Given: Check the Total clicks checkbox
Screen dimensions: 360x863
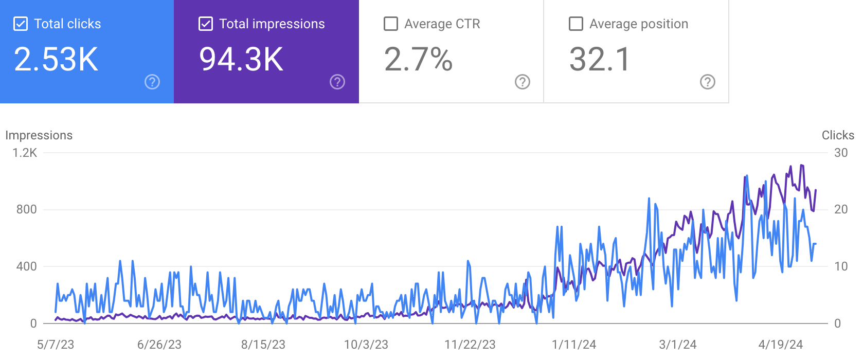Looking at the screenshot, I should coord(21,24).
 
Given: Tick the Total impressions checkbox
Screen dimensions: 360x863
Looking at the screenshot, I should coord(206,24).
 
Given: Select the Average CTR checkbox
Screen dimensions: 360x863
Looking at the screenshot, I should coord(391,24).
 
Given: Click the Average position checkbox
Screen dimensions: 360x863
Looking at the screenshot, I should coord(576,24).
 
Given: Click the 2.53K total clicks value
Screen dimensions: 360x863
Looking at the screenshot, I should coord(56,59).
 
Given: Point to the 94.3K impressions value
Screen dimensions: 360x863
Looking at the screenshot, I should coord(241,59).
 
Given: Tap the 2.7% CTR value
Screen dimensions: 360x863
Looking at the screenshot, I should coord(418,59).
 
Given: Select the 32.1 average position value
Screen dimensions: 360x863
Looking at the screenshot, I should coord(600,59).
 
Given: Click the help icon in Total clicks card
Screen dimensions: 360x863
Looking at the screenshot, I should coord(152,82).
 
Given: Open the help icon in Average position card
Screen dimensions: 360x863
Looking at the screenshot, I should coord(708,82).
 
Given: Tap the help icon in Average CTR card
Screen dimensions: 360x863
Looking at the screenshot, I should coord(523,82).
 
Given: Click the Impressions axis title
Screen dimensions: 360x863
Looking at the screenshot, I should coord(39,135).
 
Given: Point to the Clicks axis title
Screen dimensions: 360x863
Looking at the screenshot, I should coord(838,135).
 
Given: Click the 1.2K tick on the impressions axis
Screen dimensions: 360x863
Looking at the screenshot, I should coord(25,153).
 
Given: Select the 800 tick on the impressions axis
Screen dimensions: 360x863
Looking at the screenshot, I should coord(26,209).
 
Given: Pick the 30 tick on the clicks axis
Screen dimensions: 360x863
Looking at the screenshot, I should coord(841,153).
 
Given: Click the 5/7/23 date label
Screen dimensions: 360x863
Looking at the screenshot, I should coord(56,345).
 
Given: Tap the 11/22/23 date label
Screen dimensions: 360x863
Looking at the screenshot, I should coord(470,345).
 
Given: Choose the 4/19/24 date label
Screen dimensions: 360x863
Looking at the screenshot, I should coord(781,345).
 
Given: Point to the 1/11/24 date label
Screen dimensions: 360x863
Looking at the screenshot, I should coord(574,345).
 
